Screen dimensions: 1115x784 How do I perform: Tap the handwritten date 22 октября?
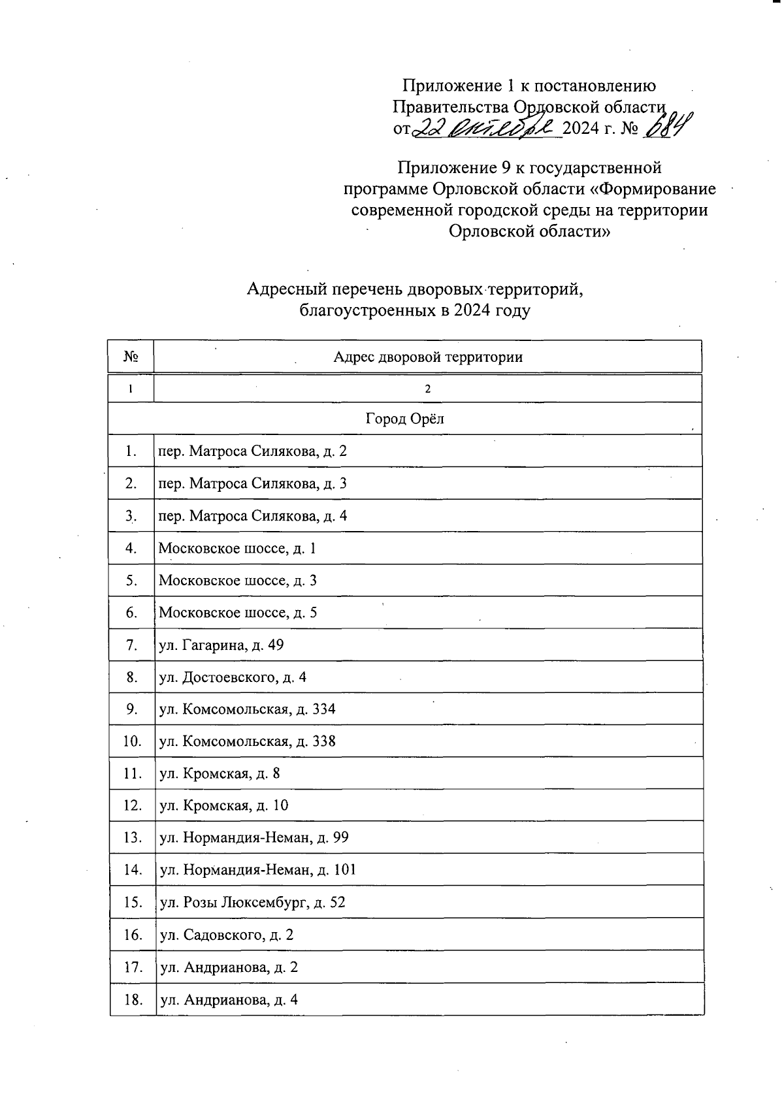[x=487, y=127]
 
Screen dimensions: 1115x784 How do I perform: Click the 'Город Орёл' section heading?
[x=404, y=419]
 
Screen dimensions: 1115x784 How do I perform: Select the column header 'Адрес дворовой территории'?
[x=428, y=357]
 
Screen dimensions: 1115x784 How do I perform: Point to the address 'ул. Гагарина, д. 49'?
[x=221, y=645]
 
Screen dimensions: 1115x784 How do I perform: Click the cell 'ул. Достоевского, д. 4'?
[x=233, y=677]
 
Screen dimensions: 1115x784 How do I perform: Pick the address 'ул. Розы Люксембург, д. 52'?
[x=252, y=903]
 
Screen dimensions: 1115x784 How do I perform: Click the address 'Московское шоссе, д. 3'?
[x=238, y=581]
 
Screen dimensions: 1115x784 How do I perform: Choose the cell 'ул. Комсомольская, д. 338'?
[x=248, y=741]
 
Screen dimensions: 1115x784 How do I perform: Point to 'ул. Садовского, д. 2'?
[x=227, y=935]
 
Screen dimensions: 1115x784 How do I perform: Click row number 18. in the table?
[x=133, y=999]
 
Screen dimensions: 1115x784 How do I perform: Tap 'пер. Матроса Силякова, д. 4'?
[x=253, y=516]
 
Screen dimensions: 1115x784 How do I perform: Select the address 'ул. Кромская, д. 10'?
[x=223, y=806]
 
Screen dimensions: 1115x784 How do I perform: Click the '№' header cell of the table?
[x=131, y=357]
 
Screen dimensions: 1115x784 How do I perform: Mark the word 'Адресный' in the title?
[x=287, y=288]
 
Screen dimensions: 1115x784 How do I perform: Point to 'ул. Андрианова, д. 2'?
[x=229, y=967]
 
